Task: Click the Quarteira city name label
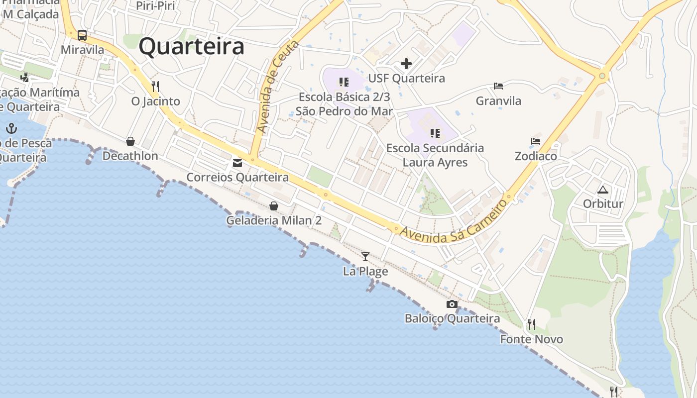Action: (192, 47)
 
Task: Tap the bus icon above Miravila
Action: (82, 35)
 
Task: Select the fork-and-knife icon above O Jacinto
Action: (155, 86)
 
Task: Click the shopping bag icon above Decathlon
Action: (130, 141)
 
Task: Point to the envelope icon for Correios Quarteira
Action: (237, 163)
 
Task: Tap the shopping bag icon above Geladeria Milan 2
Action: (274, 205)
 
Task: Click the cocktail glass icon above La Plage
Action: (365, 257)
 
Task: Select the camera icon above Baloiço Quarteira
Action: (452, 304)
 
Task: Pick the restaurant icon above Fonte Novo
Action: (532, 324)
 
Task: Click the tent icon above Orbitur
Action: (603, 190)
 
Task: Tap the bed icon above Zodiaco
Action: (536, 141)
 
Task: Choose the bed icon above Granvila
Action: (498, 86)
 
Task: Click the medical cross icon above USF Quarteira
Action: (406, 64)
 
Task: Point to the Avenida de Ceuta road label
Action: (277, 87)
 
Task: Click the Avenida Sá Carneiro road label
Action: (454, 222)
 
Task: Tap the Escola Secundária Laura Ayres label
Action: (435, 155)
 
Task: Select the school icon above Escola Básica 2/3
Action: (344, 82)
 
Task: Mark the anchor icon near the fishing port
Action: (11, 129)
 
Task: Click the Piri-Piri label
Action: (155, 6)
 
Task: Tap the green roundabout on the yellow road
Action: (602, 76)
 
